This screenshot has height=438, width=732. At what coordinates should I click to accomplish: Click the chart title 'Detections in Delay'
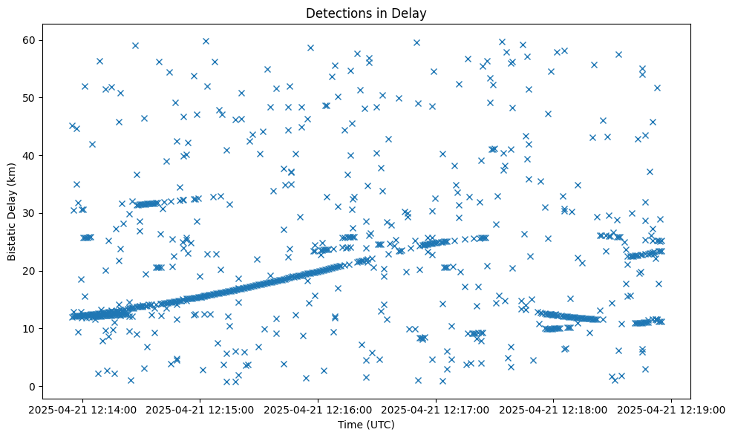(366, 13)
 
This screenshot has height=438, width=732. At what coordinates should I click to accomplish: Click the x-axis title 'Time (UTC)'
(366, 425)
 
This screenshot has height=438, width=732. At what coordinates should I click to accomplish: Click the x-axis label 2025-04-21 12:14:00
(82, 408)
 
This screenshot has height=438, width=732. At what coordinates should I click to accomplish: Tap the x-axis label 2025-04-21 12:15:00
(200, 408)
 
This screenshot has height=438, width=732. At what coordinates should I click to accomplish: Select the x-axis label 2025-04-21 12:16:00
(318, 408)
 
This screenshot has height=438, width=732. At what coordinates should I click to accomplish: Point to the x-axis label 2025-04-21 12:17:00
(437, 408)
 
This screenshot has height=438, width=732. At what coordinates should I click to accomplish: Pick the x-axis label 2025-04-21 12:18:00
(554, 408)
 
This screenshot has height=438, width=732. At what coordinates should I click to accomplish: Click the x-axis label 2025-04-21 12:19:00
(672, 408)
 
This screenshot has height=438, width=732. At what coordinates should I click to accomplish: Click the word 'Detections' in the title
(334, 13)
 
